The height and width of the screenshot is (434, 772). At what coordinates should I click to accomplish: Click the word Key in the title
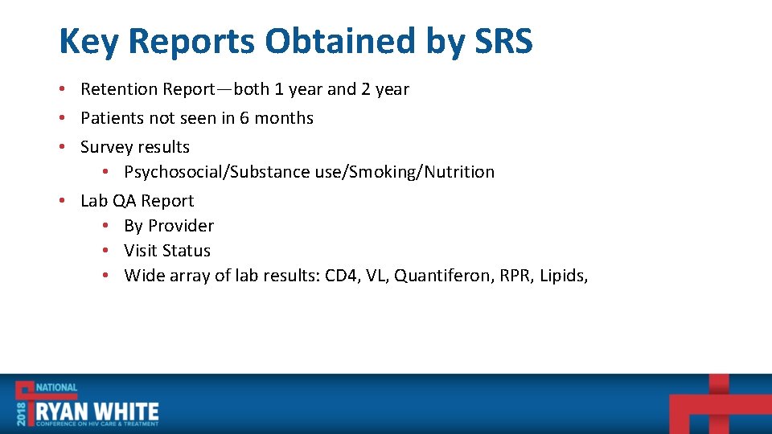pyautogui.click(x=89, y=41)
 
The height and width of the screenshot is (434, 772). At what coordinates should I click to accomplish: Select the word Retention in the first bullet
pyautogui.click(x=119, y=89)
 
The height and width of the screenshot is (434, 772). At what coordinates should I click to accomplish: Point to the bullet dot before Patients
pyautogui.click(x=63, y=118)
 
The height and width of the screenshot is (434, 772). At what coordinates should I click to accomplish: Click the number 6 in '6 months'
pyautogui.click(x=244, y=118)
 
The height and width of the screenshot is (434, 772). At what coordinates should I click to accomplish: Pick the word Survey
pyautogui.click(x=106, y=147)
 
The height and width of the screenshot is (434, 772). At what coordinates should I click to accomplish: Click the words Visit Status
pyautogui.click(x=167, y=251)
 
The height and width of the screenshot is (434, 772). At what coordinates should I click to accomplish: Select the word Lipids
pyautogui.click(x=564, y=276)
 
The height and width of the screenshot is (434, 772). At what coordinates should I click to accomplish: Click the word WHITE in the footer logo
pyautogui.click(x=128, y=413)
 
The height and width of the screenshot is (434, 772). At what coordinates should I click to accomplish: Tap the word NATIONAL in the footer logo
pyautogui.click(x=56, y=387)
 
